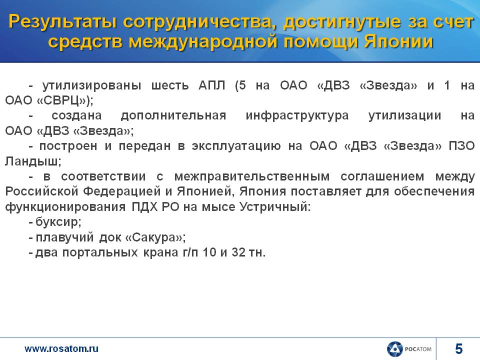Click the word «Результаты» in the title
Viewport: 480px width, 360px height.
coord(62,22)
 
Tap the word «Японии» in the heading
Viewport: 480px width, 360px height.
coord(398,42)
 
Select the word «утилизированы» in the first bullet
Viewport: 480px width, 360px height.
coord(92,85)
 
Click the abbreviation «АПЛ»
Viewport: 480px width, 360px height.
coord(211,85)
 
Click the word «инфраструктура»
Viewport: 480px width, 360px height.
coord(297,115)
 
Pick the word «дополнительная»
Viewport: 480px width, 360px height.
coord(173,116)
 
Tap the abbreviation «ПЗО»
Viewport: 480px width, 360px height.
coord(461,146)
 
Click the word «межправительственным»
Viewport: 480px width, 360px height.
coord(252,176)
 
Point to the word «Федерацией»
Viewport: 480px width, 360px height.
coord(122,192)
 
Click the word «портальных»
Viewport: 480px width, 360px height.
coord(100,253)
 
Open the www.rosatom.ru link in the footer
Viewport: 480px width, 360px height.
coord(61,348)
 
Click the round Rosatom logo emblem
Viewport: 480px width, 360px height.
coord(394,349)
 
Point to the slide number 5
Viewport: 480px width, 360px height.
coord(458,348)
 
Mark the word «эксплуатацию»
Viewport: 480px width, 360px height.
coord(236,146)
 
